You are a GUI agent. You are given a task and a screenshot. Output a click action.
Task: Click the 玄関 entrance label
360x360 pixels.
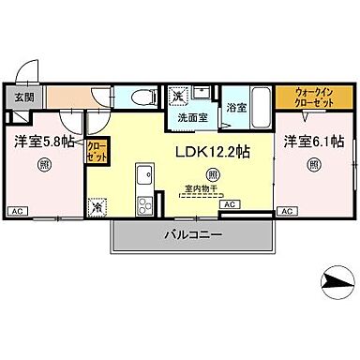point(22,97)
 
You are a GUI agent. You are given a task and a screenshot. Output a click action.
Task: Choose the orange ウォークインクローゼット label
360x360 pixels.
point(302,97)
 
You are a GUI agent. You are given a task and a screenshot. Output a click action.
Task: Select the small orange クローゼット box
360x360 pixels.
point(97,151)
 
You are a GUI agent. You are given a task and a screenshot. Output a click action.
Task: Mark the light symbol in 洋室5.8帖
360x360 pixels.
point(45,166)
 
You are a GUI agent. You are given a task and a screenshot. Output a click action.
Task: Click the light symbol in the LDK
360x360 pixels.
point(215,173)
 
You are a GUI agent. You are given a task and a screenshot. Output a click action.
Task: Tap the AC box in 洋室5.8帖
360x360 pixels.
point(16,213)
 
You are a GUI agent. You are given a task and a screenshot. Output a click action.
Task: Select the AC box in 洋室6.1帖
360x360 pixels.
point(292,213)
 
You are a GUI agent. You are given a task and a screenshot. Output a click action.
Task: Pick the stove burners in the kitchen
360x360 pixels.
point(145,204)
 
